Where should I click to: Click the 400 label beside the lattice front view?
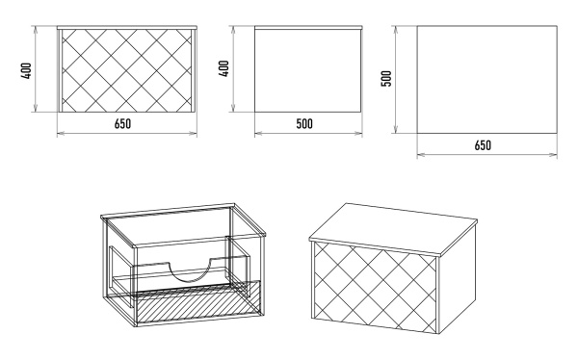(x=27, y=70)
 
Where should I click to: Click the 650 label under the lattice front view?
(x=122, y=124)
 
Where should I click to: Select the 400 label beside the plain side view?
(x=223, y=68)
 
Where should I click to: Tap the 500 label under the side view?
(x=304, y=124)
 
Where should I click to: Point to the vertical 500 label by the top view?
(x=386, y=79)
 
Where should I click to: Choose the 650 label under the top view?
(x=483, y=145)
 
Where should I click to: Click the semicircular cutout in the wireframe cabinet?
(x=190, y=272)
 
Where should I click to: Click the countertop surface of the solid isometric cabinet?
(x=393, y=226)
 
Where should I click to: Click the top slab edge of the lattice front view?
(x=127, y=28)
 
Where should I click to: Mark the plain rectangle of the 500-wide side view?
(x=308, y=70)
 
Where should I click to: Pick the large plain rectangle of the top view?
(x=486, y=79)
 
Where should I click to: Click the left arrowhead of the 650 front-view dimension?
(x=61, y=133)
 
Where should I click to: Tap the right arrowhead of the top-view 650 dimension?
(x=553, y=155)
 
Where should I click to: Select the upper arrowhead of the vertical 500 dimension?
(x=396, y=30)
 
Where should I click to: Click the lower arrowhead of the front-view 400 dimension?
(x=36, y=108)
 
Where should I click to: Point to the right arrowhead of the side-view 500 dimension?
(x=358, y=133)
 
